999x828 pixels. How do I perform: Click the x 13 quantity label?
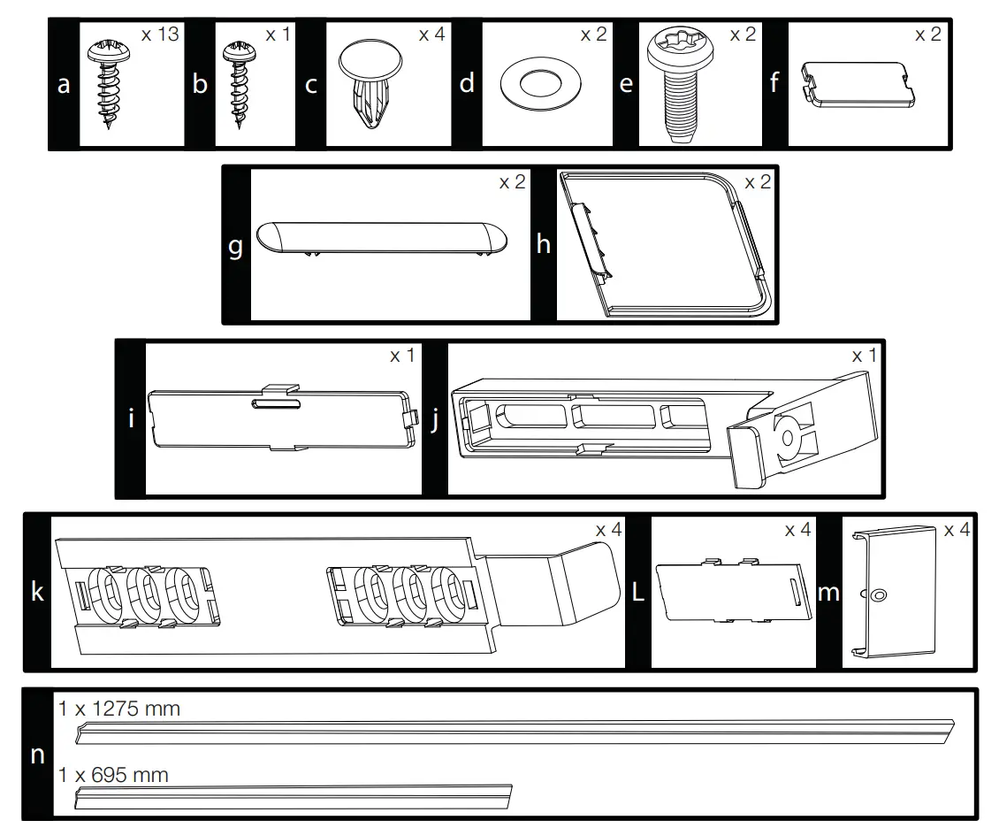(x=159, y=34)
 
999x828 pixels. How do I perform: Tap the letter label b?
(x=200, y=85)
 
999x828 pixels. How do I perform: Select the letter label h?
(x=543, y=245)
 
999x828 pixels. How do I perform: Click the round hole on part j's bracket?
(x=787, y=434)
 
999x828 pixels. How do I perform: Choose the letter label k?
(x=37, y=591)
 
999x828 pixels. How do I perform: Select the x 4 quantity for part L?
(x=797, y=530)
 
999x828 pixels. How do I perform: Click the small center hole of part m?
(x=878, y=595)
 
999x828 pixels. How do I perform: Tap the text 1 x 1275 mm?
(x=119, y=709)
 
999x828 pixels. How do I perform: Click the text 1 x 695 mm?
(x=113, y=775)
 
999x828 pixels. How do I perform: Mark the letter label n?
(x=37, y=755)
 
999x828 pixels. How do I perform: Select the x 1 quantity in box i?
(x=402, y=355)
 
